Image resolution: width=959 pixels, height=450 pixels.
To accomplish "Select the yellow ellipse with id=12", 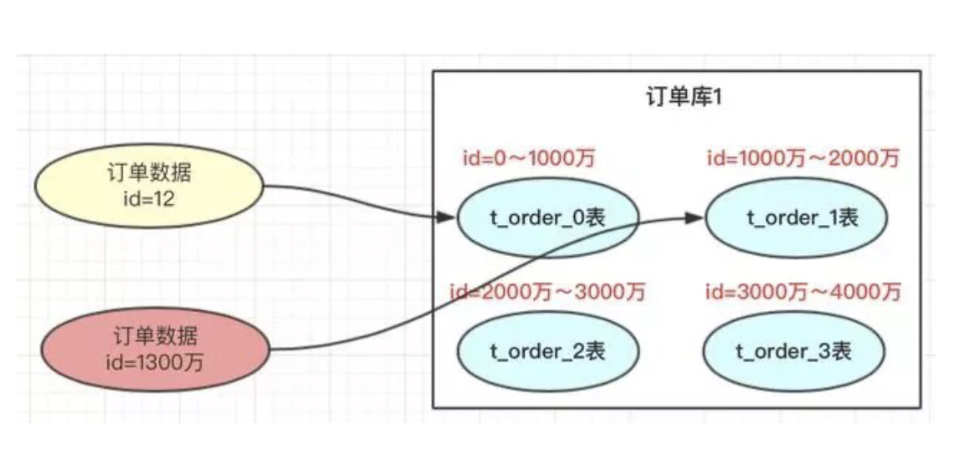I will [x=148, y=186].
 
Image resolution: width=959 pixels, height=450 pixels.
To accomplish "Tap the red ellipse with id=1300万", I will [x=156, y=349].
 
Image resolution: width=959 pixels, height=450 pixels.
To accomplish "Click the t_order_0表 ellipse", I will [x=548, y=218].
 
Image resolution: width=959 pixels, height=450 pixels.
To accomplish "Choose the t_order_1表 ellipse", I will [x=796, y=218].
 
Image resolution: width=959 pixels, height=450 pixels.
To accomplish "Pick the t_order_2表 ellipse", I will [x=548, y=350].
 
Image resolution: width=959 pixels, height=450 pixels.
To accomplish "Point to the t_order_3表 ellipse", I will [x=793, y=350].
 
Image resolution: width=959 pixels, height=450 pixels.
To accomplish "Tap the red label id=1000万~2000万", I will [x=803, y=158].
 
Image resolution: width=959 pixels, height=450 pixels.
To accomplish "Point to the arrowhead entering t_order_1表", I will [x=694, y=217].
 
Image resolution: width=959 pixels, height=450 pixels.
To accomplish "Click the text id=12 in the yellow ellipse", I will [x=148, y=197].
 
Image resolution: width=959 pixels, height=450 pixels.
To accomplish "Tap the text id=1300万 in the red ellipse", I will [x=156, y=361].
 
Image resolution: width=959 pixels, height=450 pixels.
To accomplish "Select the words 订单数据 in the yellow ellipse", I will [x=150, y=174].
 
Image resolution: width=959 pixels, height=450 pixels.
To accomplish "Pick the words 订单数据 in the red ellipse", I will [x=156, y=337].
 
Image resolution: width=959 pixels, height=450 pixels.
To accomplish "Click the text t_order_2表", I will [x=548, y=350].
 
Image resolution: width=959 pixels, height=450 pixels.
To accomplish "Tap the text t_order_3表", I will [x=793, y=350].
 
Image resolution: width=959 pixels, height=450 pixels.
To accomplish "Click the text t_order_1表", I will [x=803, y=218].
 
